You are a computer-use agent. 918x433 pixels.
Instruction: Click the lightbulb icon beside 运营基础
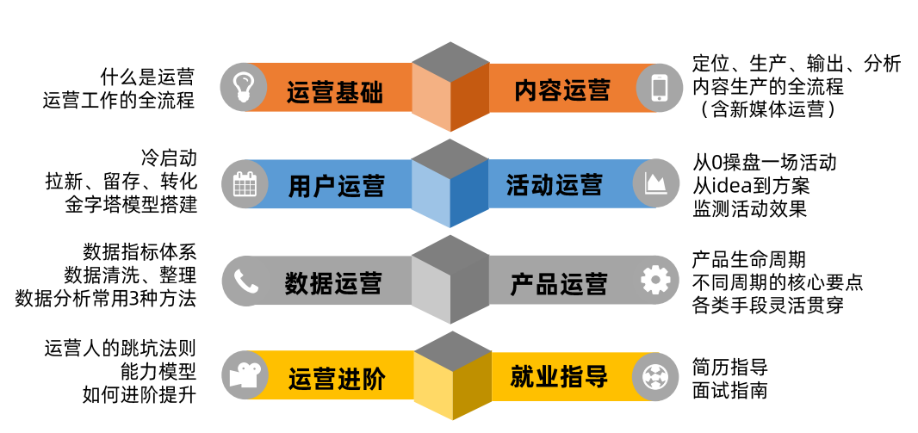(245, 87)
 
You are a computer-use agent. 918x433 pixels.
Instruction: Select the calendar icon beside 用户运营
(245, 183)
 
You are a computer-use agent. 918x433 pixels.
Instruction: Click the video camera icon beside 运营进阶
(245, 376)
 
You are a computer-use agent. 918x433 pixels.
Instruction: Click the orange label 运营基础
(335, 90)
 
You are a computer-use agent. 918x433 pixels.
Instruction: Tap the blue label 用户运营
(337, 186)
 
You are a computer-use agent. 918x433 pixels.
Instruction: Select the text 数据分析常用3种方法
(106, 299)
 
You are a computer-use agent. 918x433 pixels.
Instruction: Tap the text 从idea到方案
(751, 184)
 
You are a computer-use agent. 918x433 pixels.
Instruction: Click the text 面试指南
(729, 390)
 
